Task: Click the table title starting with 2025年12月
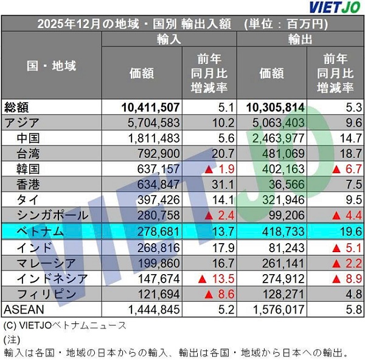pos(182,25)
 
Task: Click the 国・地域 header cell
pos(52,66)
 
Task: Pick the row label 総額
pos(17,107)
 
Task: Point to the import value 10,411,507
pos(150,108)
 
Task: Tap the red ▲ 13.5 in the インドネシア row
pos(207,278)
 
